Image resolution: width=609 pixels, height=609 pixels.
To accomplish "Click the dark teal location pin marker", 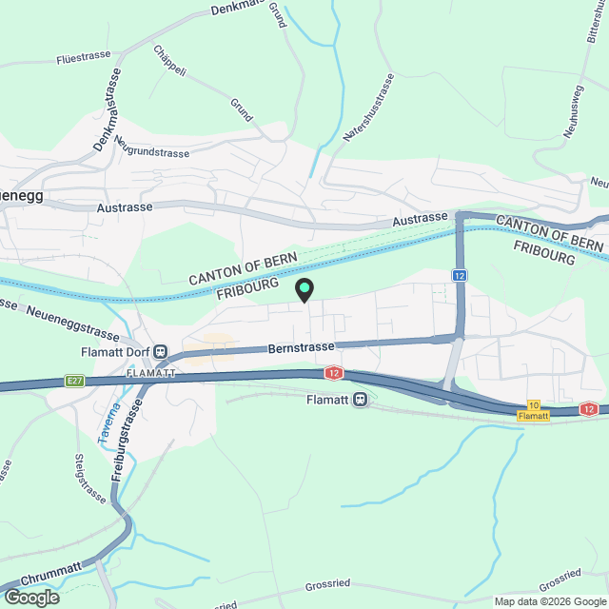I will click(304, 288).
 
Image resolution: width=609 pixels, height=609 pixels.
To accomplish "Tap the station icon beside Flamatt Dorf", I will click(161, 351).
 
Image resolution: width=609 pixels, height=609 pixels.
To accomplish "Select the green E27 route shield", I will click(76, 381).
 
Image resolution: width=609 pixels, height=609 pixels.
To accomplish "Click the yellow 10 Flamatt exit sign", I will click(533, 411).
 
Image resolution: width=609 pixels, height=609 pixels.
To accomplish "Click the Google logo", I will click(30, 598).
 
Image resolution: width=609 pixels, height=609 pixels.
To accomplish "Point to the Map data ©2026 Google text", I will click(549, 601).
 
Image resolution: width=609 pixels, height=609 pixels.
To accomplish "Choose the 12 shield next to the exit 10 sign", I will click(589, 409).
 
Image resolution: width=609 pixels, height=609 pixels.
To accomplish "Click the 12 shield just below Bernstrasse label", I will click(334, 373).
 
